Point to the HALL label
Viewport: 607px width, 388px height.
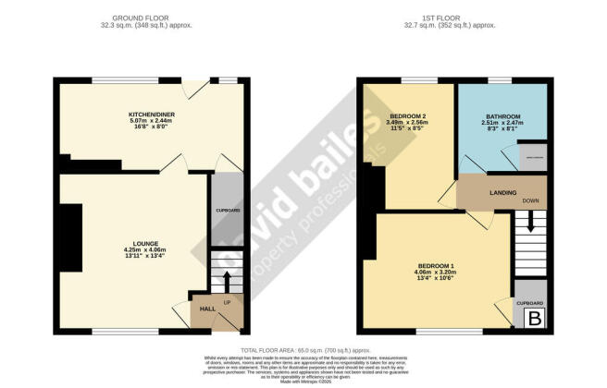[x=207, y=310]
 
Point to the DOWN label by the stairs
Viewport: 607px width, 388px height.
[x=531, y=200]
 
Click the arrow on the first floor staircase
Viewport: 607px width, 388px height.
[x=531, y=222]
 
